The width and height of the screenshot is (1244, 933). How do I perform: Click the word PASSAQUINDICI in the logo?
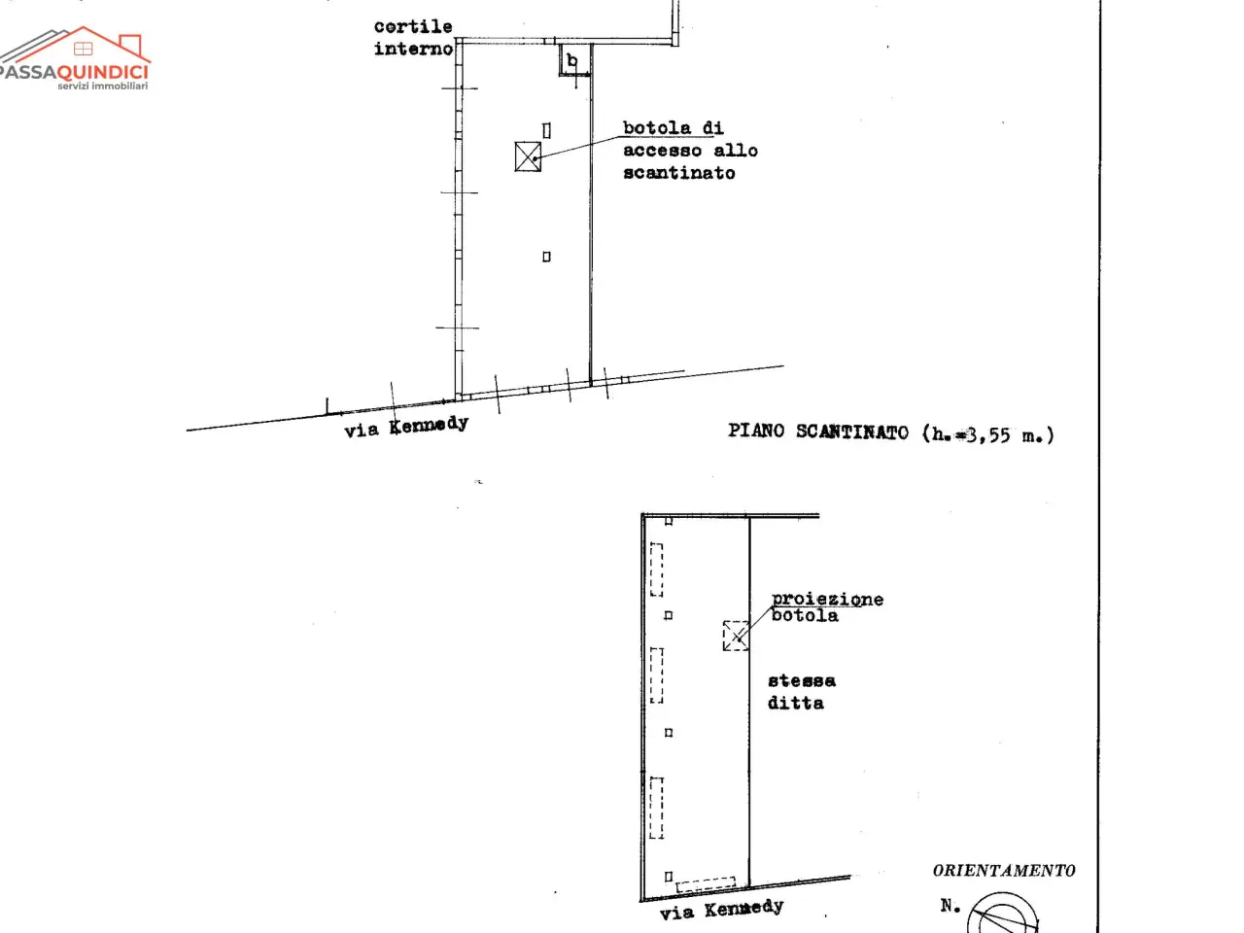(x=74, y=72)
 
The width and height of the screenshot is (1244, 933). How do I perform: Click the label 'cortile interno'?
(x=413, y=37)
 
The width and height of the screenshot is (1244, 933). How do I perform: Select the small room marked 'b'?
(x=573, y=59)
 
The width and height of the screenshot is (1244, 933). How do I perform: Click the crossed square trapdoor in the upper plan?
(x=528, y=156)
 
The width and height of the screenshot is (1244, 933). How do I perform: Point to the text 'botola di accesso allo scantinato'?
(x=690, y=150)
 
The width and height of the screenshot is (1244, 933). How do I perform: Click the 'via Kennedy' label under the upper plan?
(x=406, y=427)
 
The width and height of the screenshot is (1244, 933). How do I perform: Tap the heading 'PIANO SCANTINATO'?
(x=817, y=432)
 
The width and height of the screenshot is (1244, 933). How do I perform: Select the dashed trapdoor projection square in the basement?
(x=736, y=636)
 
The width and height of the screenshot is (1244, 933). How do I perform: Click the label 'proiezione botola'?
(x=827, y=607)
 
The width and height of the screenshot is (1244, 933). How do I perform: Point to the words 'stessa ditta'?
(x=802, y=692)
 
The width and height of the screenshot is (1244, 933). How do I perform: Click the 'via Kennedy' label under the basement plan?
(x=721, y=910)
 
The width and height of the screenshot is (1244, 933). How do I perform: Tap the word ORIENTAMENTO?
(x=1004, y=871)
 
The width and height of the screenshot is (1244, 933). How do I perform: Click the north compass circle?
(x=1003, y=914)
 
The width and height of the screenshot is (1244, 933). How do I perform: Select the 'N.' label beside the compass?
(x=950, y=906)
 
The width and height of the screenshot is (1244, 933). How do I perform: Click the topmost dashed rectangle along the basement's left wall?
(x=656, y=570)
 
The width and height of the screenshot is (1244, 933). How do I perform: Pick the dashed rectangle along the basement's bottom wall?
(x=706, y=883)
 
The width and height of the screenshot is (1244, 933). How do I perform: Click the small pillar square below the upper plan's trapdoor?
(x=546, y=257)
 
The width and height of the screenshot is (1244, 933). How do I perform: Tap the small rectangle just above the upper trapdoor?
(x=546, y=131)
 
